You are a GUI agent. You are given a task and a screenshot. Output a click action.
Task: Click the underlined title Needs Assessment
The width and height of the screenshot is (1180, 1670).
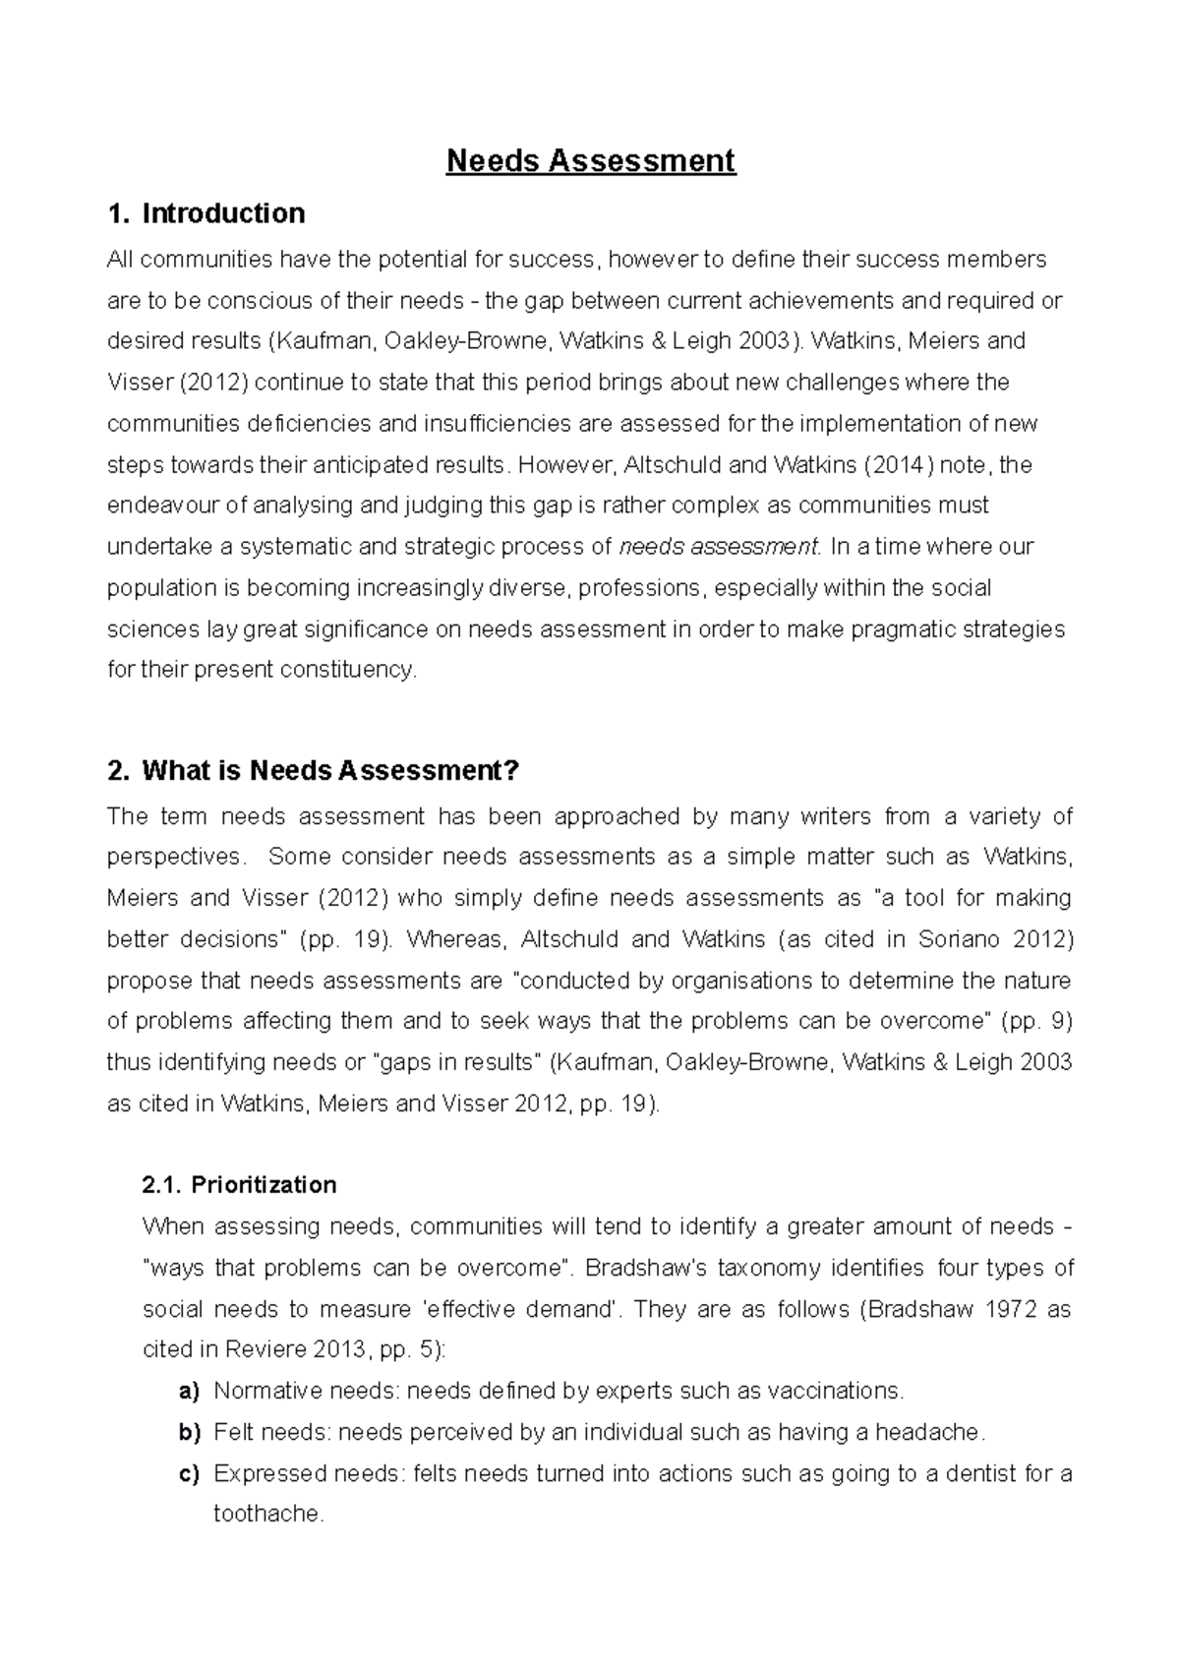tap(590, 160)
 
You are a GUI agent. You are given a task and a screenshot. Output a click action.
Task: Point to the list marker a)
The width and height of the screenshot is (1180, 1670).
tap(189, 1391)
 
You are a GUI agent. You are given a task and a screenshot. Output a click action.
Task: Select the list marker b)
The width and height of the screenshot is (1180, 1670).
tap(189, 1432)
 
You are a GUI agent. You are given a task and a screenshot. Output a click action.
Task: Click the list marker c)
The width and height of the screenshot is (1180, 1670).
tap(189, 1473)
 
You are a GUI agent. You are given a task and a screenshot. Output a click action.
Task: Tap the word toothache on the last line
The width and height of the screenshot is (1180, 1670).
tap(267, 1514)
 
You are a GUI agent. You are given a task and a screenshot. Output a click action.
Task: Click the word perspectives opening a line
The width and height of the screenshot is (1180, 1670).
tap(173, 857)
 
